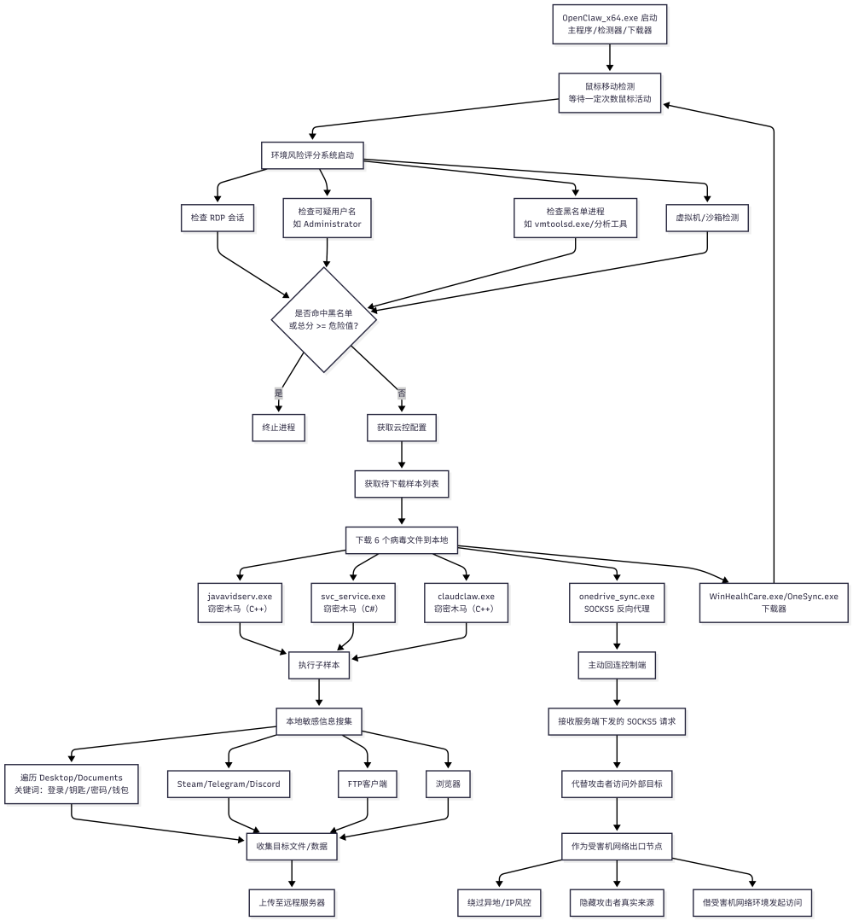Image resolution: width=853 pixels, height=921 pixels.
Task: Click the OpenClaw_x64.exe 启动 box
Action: (610, 24)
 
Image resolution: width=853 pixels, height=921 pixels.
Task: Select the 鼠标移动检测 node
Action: (610, 92)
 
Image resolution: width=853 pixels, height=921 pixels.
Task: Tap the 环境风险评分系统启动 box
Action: (312, 155)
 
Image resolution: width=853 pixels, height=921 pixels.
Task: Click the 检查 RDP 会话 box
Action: (218, 218)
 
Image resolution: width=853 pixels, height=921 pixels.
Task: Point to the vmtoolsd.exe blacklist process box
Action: (575, 218)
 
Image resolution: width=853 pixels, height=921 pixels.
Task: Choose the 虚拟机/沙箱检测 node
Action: (707, 218)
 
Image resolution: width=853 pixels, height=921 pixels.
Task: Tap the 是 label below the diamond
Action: (278, 393)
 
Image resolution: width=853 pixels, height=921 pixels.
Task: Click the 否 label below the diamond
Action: (402, 393)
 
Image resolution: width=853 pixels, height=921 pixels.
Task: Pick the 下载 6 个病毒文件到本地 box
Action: (402, 539)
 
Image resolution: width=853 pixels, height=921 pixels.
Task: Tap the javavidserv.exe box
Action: (240, 602)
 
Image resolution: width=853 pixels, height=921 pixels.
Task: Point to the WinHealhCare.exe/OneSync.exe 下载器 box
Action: (774, 602)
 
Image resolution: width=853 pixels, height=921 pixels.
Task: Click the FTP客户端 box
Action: (368, 784)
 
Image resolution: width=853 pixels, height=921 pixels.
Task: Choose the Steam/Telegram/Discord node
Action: (229, 784)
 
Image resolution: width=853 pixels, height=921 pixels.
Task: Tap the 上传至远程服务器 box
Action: (292, 901)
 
